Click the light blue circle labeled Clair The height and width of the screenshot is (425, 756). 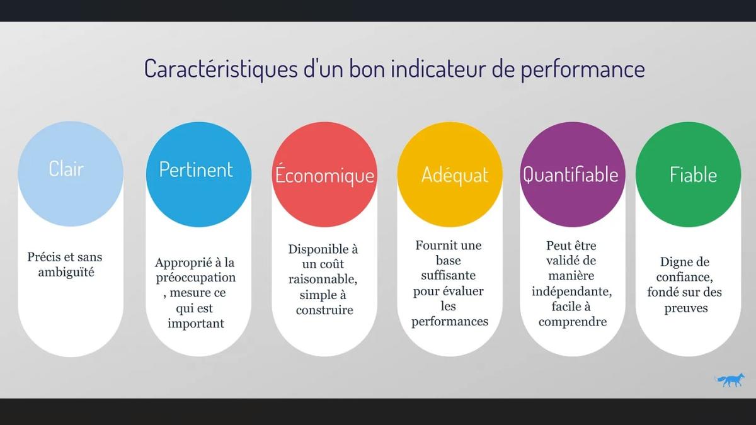pos(71,174)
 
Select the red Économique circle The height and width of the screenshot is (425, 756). pos(324,174)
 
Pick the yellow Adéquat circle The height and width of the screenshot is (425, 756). pos(450,174)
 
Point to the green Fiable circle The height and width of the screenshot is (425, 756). pos(688,174)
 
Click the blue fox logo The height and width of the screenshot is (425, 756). pos(730,380)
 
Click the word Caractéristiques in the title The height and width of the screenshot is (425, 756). pos(220,68)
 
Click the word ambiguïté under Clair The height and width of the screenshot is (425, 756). pos(66,273)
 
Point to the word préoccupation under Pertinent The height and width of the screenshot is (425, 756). pos(195,278)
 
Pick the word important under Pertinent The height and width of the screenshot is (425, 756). pos(196,324)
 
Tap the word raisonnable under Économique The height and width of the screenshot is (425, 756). pos(323,279)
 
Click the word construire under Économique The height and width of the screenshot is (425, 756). pos(324,310)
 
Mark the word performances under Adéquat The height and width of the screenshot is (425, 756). pos(450,322)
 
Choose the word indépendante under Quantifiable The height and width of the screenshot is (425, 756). pos(571,292)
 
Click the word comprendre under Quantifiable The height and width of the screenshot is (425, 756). pos(573,322)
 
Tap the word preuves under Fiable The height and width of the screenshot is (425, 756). pos(686,308)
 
